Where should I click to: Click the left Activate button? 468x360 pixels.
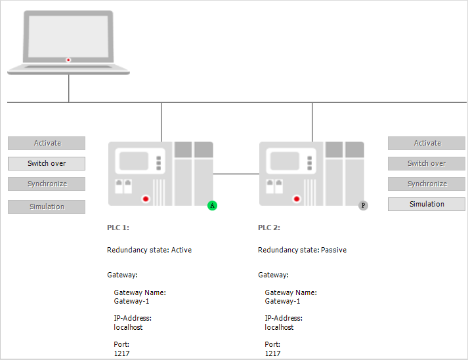(47, 143)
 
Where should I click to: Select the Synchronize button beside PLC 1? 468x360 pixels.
(47, 184)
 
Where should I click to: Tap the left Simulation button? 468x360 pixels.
(47, 207)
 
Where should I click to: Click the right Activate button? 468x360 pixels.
(427, 143)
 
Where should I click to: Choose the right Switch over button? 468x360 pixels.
(427, 163)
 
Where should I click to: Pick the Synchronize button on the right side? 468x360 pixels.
(427, 184)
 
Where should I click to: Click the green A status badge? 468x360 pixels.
(213, 205)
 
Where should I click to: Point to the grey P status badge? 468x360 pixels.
(364, 205)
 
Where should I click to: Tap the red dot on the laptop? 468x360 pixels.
(68, 60)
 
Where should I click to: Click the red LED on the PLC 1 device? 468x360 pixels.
(146, 198)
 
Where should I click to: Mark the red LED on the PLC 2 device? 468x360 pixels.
(297, 198)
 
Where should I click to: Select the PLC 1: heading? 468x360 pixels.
(118, 228)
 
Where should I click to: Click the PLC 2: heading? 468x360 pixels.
(269, 228)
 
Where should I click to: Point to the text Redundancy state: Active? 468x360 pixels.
(149, 250)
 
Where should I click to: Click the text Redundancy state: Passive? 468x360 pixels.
(302, 250)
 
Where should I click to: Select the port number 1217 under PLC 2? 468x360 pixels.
(272, 353)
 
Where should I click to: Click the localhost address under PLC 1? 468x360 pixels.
(128, 327)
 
